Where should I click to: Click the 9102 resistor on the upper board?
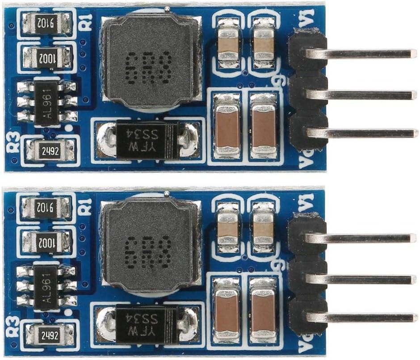pos(46,22)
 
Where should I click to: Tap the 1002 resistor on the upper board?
pos(46,58)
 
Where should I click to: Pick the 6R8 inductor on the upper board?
pos(150,61)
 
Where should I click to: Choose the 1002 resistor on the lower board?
pos(46,241)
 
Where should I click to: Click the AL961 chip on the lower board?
pos(46,287)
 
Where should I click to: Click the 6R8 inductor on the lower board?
pos(150,245)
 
